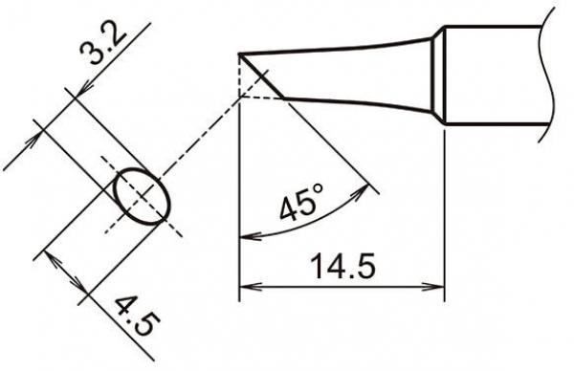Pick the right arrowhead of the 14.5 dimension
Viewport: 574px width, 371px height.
[439, 285]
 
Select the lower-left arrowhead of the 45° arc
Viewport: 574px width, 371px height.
[245, 237]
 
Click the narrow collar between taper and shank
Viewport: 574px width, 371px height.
[439, 75]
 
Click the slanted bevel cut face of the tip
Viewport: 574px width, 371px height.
[261, 76]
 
